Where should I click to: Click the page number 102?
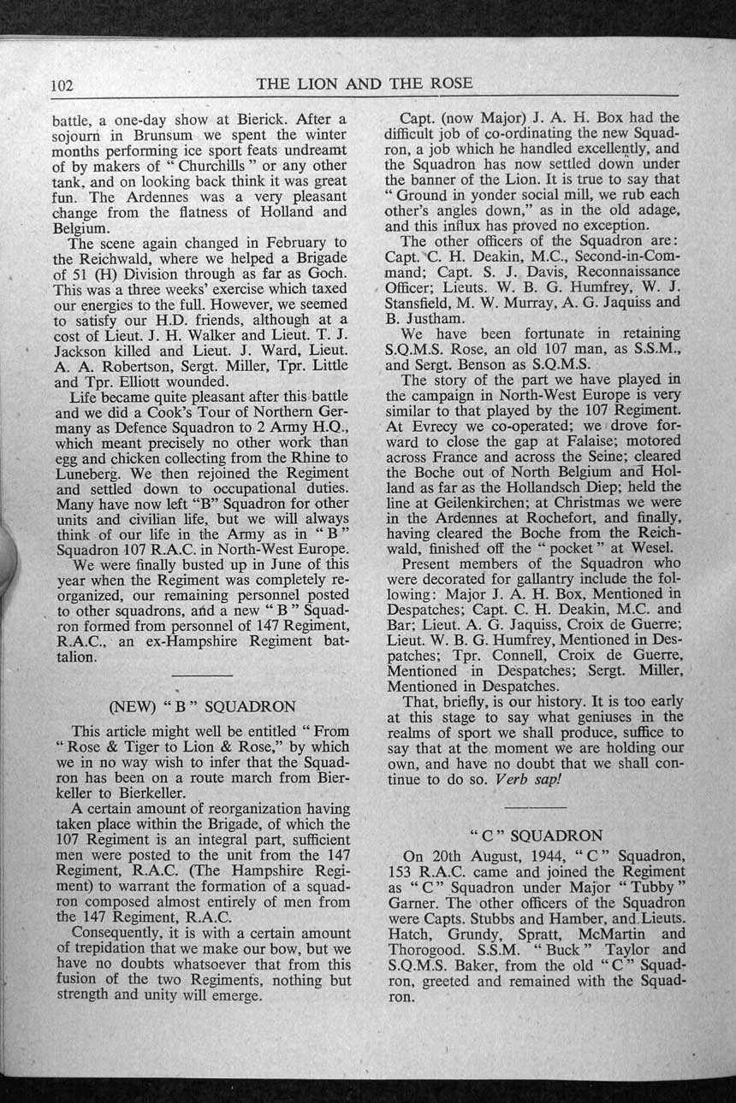64,85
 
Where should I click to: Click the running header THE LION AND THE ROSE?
365,83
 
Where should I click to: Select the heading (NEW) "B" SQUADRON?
202,707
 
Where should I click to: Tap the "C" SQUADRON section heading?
537,835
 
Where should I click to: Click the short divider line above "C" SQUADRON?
537,806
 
